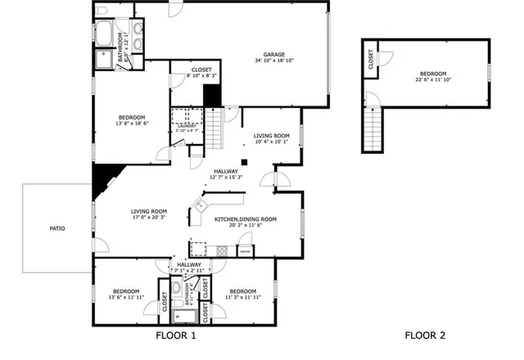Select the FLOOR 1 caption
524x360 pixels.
coord(176,335)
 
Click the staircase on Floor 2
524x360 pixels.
coord(373,129)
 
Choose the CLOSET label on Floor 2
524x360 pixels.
coord(371,59)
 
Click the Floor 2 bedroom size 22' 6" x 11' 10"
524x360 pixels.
coord(433,79)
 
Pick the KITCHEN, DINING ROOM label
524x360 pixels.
coord(246,219)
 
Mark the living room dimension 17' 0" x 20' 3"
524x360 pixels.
coord(149,218)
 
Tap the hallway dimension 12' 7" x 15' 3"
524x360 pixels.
coord(226,177)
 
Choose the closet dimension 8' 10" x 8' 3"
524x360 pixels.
coord(201,76)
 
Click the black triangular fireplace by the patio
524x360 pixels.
coord(106,178)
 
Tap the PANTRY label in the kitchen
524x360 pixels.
coord(245,251)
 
